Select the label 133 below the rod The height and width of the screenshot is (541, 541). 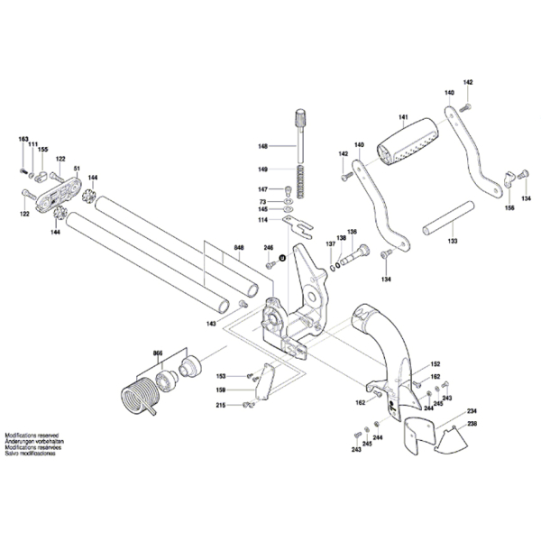coord(452,242)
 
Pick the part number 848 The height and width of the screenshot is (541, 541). coord(239,248)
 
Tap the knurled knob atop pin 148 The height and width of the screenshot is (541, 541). coord(299,117)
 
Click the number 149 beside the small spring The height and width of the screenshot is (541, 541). coord(262,170)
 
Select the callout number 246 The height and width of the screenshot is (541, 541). coord(268,248)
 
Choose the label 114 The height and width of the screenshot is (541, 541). coord(262,220)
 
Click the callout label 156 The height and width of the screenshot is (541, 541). coord(509,208)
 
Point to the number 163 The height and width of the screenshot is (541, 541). coord(23,139)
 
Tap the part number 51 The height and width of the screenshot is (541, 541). coord(78,169)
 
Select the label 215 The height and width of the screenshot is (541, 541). coord(220,407)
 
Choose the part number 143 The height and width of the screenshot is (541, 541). coord(210,322)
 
